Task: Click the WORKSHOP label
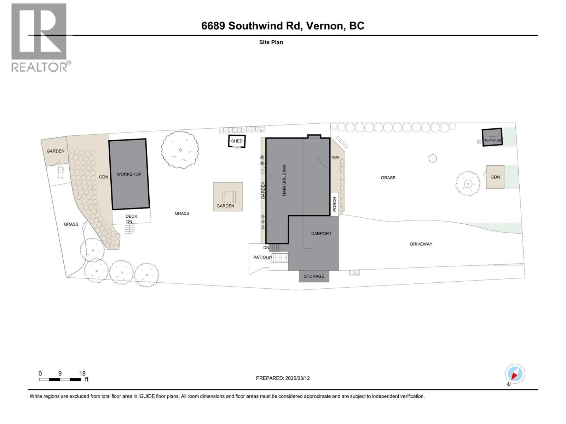129,174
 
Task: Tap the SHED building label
237,141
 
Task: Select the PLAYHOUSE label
493,141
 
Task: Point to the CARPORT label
321,234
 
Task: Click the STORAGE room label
314,276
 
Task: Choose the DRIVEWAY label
421,244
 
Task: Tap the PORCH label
335,204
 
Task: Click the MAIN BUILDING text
284,181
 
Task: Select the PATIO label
259,257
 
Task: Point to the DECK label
131,216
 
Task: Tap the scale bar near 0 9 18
60,379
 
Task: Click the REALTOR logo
40,37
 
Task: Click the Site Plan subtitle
271,42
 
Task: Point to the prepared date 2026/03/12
297,378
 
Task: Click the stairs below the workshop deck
130,229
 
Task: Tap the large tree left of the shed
180,150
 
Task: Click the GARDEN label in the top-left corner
56,151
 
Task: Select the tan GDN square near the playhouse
495,177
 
